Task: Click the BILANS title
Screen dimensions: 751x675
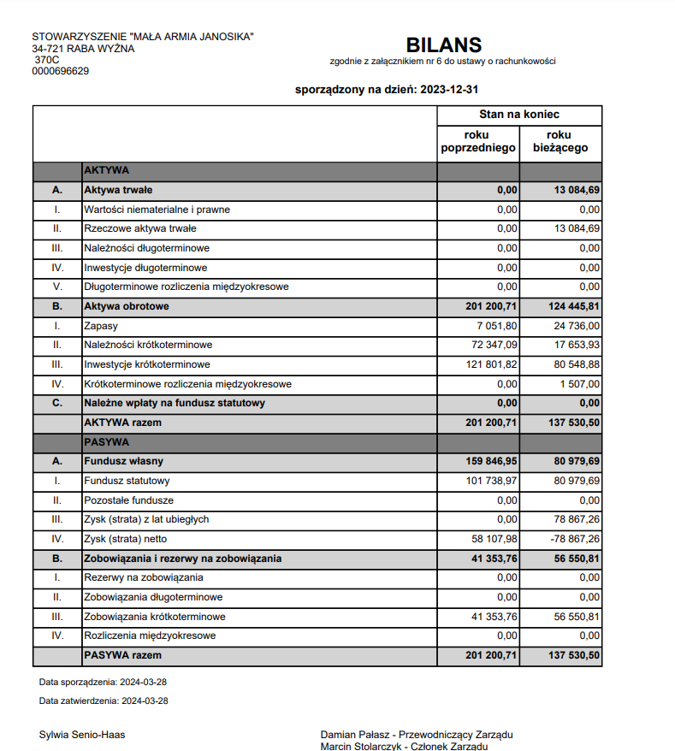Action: click(x=443, y=45)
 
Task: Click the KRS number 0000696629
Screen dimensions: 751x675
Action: click(x=60, y=72)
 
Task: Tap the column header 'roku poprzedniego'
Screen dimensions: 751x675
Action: click(x=478, y=142)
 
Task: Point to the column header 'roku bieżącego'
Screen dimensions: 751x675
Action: click(x=560, y=142)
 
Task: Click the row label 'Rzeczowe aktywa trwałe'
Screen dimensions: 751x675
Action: click(x=140, y=228)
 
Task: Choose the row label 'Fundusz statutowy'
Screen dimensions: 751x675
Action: click(x=127, y=481)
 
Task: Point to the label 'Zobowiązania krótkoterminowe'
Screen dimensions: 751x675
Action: click(x=154, y=617)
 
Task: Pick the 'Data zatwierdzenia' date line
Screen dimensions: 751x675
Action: click(x=104, y=701)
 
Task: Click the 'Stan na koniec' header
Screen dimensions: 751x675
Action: click(x=519, y=115)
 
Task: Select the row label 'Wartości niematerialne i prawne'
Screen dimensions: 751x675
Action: click(x=157, y=210)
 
